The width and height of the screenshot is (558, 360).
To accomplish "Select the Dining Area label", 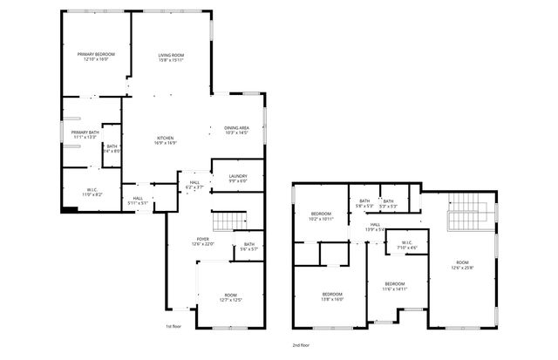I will (237, 130).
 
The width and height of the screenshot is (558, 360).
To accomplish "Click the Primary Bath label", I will (85, 135).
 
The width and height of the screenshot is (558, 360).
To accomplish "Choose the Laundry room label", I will (238, 179).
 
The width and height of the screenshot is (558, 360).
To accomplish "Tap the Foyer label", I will (202, 241).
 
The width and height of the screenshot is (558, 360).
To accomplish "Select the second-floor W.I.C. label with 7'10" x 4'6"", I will (407, 245).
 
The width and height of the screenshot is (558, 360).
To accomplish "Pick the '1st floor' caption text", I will (174, 326).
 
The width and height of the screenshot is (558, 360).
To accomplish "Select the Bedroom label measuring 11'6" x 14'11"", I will (395, 286).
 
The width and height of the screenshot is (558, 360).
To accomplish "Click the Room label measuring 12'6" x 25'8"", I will (462, 265).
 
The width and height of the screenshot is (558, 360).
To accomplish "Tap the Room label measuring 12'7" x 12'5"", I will (230, 297).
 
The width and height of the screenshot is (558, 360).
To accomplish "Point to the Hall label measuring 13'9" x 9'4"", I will (375, 228).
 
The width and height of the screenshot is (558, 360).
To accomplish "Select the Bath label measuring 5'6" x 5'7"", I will (249, 247).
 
